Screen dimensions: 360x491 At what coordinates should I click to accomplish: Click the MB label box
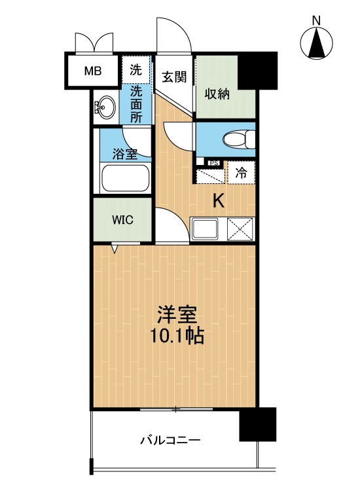click(93, 71)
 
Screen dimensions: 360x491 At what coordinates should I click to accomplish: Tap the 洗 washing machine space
click(136, 70)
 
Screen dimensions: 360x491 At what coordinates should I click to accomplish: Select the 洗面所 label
click(136, 104)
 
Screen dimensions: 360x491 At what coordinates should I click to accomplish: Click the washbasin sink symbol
click(105, 107)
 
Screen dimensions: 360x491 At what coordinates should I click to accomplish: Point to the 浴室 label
click(125, 155)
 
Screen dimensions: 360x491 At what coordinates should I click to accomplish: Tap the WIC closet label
click(122, 220)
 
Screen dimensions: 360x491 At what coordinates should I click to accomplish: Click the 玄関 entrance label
click(174, 77)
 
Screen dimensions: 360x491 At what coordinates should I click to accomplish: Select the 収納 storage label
click(217, 94)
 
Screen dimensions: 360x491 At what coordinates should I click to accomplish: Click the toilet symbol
click(239, 139)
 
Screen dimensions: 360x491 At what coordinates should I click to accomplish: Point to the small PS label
click(214, 163)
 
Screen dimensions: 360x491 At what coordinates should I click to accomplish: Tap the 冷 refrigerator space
click(241, 173)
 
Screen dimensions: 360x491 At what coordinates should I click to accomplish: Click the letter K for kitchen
click(219, 202)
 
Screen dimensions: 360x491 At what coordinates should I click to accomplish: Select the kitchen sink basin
click(206, 229)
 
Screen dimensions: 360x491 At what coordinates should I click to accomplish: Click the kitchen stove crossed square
click(240, 229)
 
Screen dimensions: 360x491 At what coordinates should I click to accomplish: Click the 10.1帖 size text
click(177, 336)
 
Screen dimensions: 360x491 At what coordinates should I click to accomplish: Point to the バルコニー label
click(170, 441)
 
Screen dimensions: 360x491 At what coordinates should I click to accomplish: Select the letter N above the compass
click(317, 21)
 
